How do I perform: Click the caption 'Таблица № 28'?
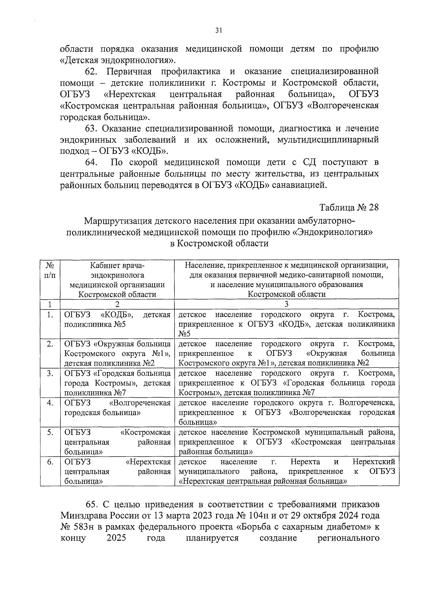[349, 207]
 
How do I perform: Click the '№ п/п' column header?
[50, 270]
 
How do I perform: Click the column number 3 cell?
[286, 304]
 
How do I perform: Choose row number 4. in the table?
[50, 403]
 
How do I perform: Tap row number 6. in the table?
[50, 462]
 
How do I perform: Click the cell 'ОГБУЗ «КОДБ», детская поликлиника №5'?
[117, 319]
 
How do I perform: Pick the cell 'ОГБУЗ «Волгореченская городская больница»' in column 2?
[117, 407]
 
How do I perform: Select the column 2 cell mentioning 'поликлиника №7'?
[117, 383]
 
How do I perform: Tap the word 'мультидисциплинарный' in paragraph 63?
[328, 140]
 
